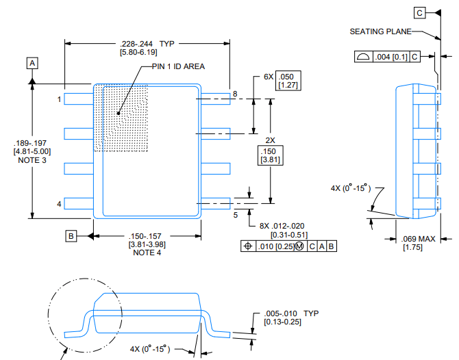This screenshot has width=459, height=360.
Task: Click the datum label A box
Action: tap(32, 63)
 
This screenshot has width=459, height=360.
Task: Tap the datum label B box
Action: tap(71, 236)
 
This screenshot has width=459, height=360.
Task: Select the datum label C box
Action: tap(419, 12)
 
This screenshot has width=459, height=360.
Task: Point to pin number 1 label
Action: tap(60, 100)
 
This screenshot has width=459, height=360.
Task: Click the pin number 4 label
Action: tap(60, 204)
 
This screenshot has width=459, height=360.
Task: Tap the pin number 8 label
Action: tap(235, 94)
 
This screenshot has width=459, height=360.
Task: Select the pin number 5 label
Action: tap(235, 214)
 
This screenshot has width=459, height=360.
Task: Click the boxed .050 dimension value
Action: tap(288, 78)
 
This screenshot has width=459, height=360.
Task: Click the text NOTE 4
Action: tap(147, 253)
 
